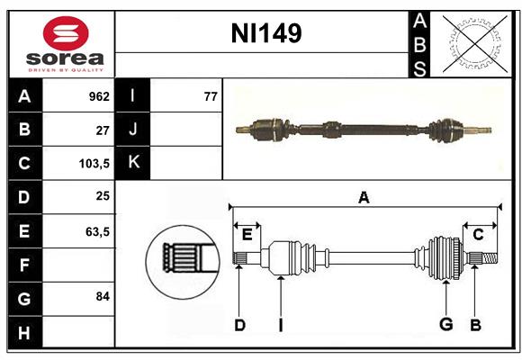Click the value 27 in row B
pyautogui.click(x=103, y=130)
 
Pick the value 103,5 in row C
pyautogui.click(x=95, y=164)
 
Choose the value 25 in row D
pyautogui.click(x=103, y=197)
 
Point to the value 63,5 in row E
pyautogui.click(x=97, y=231)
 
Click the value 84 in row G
pyautogui.click(x=103, y=296)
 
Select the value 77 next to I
pyautogui.click(x=211, y=96)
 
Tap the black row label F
pyautogui.click(x=24, y=265)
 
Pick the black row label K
pyautogui.click(x=133, y=163)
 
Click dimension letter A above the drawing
pyautogui.click(x=364, y=197)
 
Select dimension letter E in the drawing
pyautogui.click(x=247, y=235)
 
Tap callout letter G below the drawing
pyautogui.click(x=445, y=325)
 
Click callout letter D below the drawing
pyautogui.click(x=239, y=325)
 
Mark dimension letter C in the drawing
pyautogui.click(x=479, y=235)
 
